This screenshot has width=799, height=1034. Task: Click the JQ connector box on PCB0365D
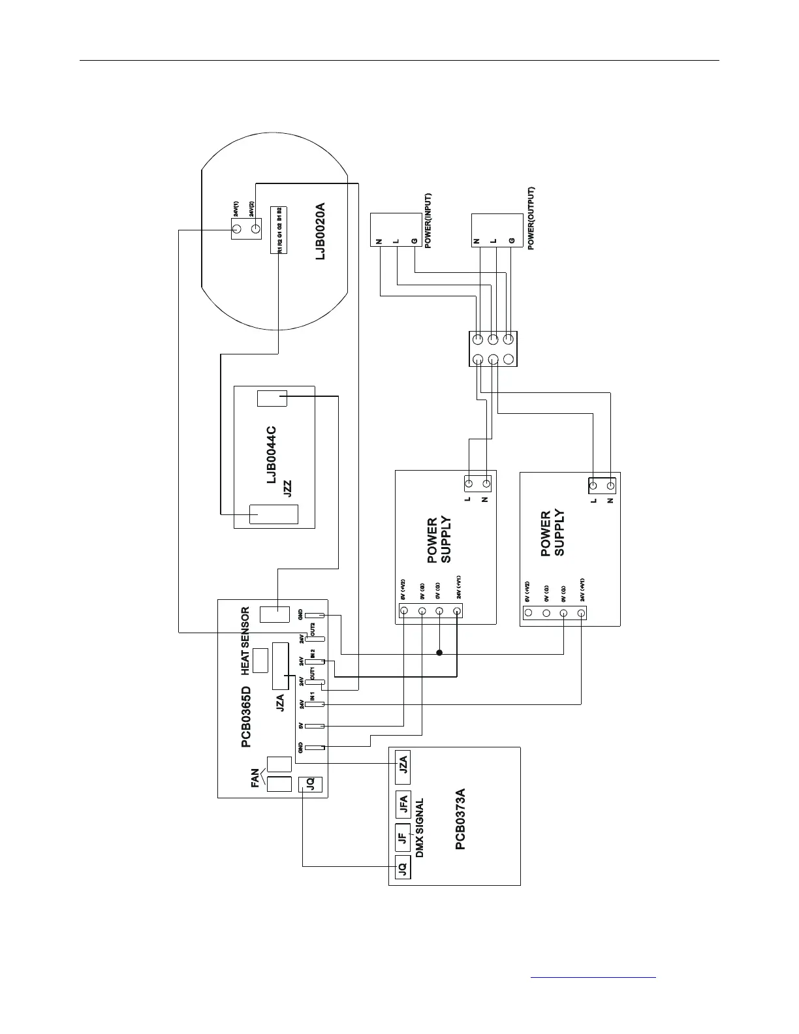click(x=311, y=785)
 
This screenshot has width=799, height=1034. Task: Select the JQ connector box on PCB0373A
click(x=402, y=868)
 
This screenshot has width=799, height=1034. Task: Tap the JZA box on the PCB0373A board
click(x=403, y=764)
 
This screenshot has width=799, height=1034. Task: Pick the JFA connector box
click(x=403, y=805)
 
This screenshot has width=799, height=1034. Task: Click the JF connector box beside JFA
click(x=403, y=838)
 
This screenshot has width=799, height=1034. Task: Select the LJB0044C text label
click(x=271, y=456)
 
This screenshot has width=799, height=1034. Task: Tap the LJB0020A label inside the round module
click(x=320, y=232)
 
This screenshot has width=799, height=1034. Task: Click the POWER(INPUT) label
click(x=429, y=221)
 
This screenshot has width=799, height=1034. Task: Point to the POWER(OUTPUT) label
click(x=531, y=219)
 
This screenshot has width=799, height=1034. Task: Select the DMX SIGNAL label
click(x=420, y=828)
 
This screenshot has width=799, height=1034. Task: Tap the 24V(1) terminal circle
click(x=237, y=229)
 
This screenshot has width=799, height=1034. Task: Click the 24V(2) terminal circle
click(x=256, y=229)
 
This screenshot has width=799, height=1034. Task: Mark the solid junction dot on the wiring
click(x=439, y=653)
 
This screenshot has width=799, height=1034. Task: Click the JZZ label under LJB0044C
click(x=287, y=489)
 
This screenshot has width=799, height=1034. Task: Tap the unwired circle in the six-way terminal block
click(x=509, y=359)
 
